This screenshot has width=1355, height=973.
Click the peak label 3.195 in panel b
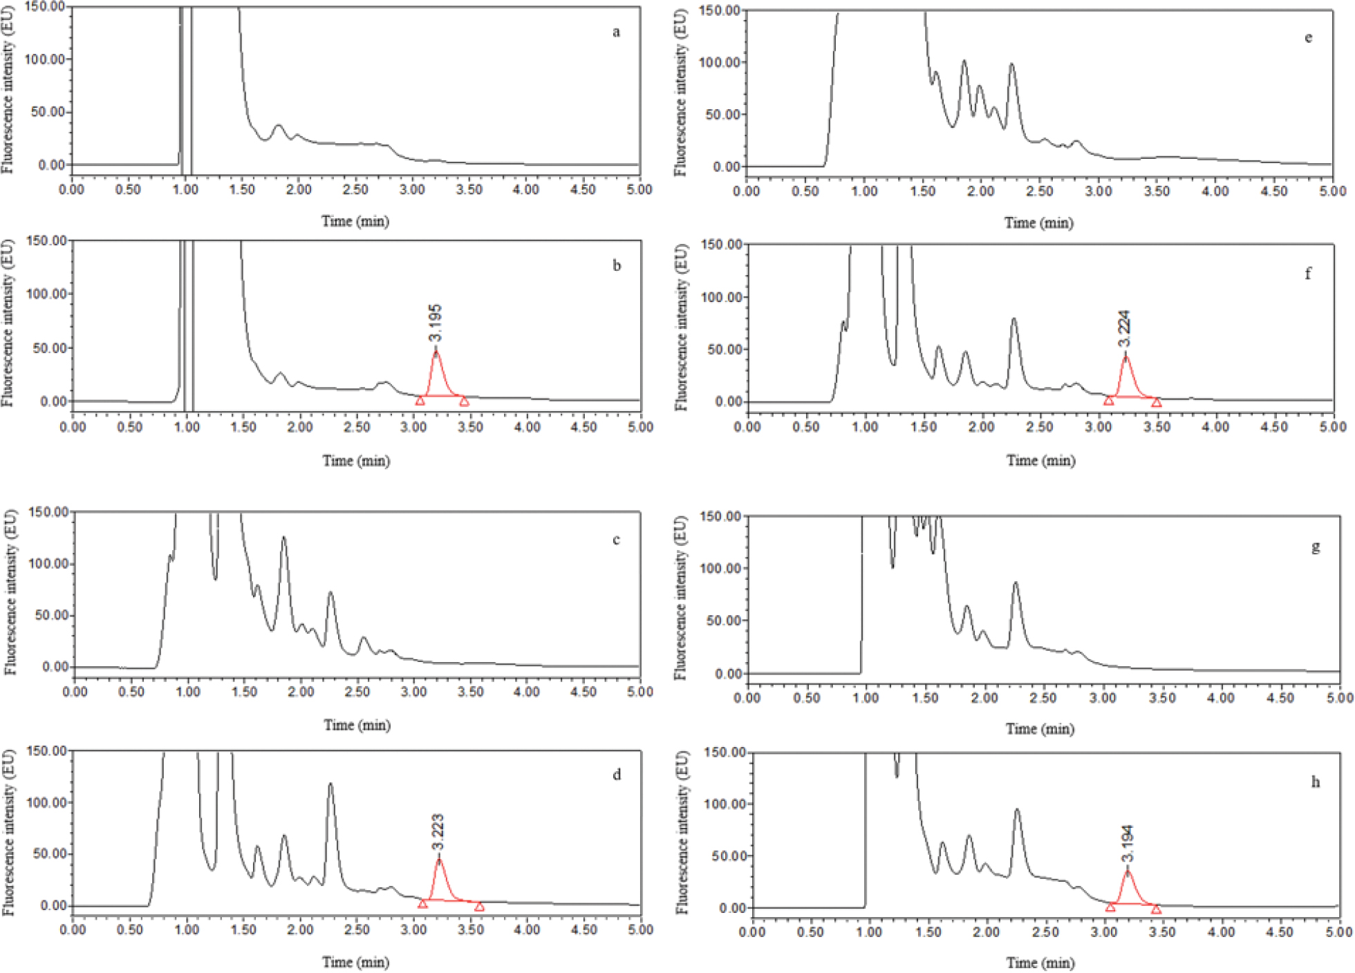[x=435, y=323]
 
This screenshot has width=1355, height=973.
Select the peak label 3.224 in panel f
[x=1124, y=329]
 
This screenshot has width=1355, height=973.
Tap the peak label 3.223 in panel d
[x=438, y=833]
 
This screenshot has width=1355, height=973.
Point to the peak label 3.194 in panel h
[x=1127, y=843]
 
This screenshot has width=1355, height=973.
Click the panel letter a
[x=616, y=32]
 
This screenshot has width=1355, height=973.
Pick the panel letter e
[x=1308, y=37]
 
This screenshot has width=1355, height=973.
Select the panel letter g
[x=1315, y=547]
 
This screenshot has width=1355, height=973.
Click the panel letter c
[x=616, y=540]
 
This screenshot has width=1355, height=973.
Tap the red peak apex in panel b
[x=436, y=352]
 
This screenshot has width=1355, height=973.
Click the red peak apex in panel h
[x=1128, y=871]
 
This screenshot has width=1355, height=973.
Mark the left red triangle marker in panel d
[x=422, y=903]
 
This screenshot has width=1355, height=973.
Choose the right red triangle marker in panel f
[x=1156, y=402]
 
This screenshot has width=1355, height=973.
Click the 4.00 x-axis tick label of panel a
[x=525, y=189]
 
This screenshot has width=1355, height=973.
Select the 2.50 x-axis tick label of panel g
[x=1043, y=698]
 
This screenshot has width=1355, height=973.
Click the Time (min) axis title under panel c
[x=357, y=725]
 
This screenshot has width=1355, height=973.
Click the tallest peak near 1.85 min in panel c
[x=283, y=538]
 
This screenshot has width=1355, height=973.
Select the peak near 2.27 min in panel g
[x=1016, y=584]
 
